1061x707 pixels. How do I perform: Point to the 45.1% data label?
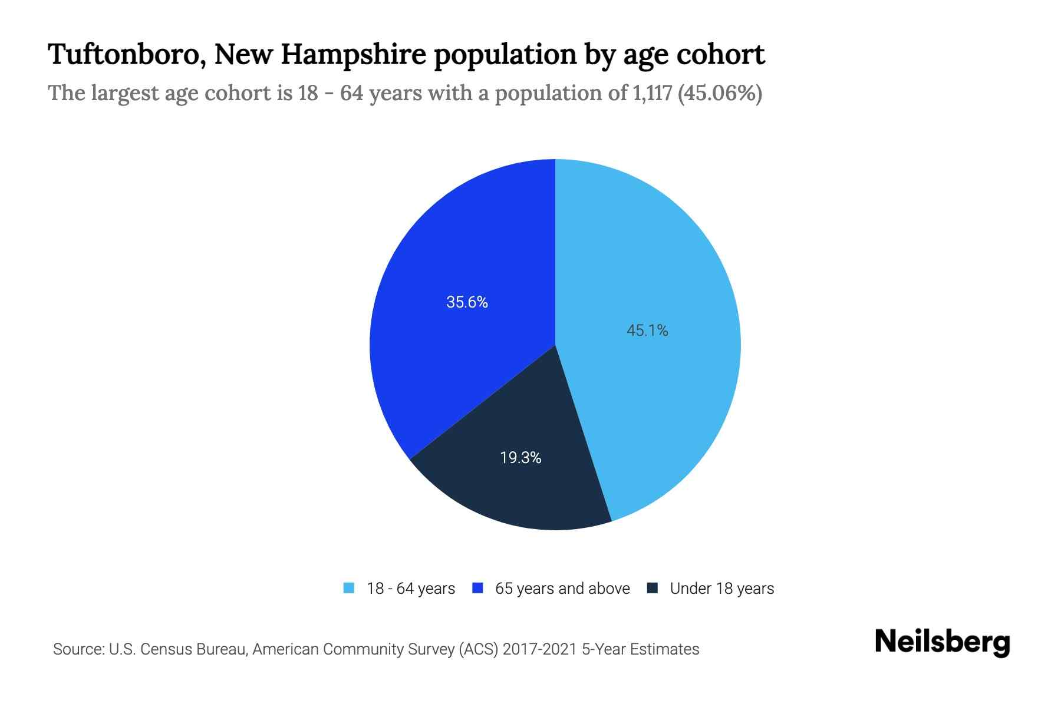coord(647,331)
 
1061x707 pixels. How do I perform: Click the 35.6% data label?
coord(467,302)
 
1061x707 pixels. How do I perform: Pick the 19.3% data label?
coord(520,458)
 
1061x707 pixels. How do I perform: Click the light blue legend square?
coord(349,588)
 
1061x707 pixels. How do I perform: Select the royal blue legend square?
coord(478,588)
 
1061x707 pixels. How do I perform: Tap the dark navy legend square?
coord(652,588)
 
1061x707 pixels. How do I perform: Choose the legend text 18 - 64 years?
coord(411,589)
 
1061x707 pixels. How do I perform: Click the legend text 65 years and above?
coord(562,589)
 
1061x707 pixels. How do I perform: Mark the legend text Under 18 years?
coord(722,589)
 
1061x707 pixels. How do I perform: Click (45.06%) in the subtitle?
coord(720,93)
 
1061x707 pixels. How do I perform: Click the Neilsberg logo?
coord(942,642)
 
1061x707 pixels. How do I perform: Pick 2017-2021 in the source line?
coord(540,649)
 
